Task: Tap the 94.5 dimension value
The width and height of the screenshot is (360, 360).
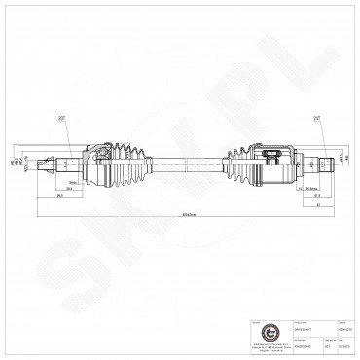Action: click(60, 197)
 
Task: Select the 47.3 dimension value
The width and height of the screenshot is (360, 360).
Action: click(318, 196)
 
